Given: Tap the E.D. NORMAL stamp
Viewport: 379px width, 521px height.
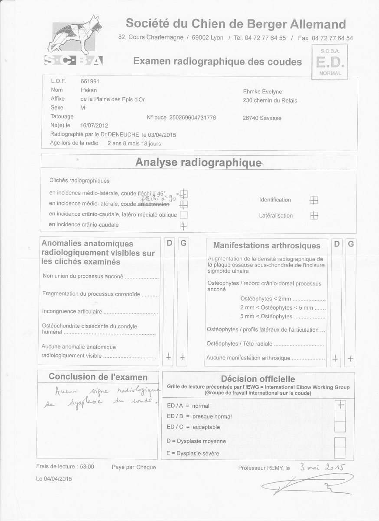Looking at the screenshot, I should [x=330, y=63].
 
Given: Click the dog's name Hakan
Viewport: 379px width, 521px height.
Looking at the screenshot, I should [x=88, y=90].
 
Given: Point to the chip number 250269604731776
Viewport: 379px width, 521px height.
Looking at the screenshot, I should [x=193, y=118].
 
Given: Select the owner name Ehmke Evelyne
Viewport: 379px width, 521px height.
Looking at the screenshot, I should [x=263, y=92].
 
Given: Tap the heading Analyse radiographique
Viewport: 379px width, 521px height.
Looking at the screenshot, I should [x=198, y=163].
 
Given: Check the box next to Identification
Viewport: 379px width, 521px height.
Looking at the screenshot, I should [x=314, y=200].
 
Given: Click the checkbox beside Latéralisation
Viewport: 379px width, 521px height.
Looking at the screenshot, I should [x=314, y=215].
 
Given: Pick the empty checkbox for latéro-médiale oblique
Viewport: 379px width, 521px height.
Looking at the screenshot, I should [x=184, y=214].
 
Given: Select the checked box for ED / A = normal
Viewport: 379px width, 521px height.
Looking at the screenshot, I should [x=341, y=405].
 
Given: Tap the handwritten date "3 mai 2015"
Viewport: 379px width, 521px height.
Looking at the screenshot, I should [x=321, y=468].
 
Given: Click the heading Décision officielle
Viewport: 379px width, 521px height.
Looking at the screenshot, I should [x=258, y=379].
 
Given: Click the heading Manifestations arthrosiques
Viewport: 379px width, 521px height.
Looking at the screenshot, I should [x=267, y=246].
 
